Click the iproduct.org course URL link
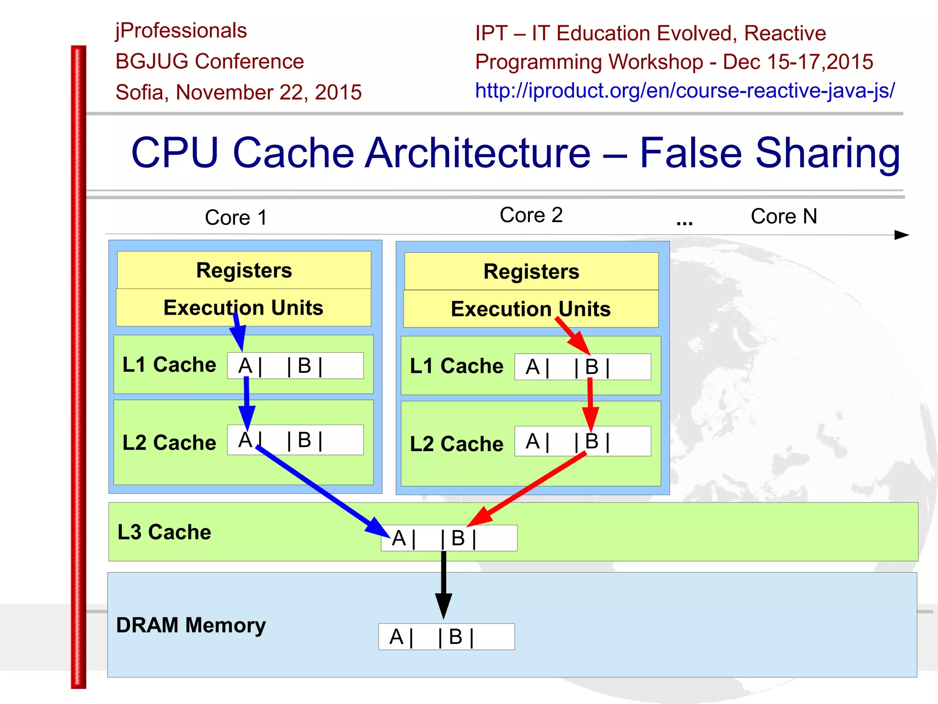pyautogui.click(x=684, y=91)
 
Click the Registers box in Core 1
pyautogui.click(x=244, y=270)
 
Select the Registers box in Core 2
pyautogui.click(x=531, y=272)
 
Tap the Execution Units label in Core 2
pyautogui.click(x=530, y=309)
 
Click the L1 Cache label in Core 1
pyautogui.click(x=169, y=365)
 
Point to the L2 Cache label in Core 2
pyautogui.click(x=456, y=444)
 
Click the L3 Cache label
pyautogui.click(x=164, y=532)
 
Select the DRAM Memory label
pyautogui.click(x=191, y=625)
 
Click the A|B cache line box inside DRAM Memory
pyautogui.click(x=446, y=637)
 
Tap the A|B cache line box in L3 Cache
pyautogui.click(x=449, y=538)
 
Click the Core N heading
pyautogui.click(x=784, y=216)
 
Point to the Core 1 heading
pyautogui.click(x=235, y=217)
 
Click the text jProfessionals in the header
pyautogui.click(x=181, y=31)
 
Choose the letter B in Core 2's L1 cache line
pyautogui.click(x=592, y=367)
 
